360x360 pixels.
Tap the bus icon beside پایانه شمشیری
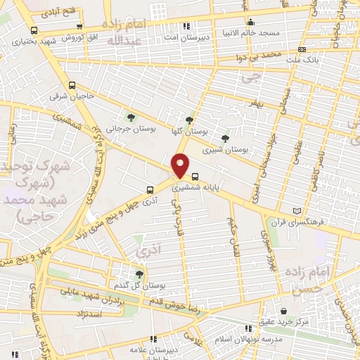click(x=195, y=176)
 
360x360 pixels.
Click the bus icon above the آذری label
click(x=149, y=189)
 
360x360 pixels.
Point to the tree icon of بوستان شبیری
click(x=225, y=139)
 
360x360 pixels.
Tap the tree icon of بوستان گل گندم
click(x=139, y=274)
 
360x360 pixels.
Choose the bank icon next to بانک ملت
click(x=302, y=49)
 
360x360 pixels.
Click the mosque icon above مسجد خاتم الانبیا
click(x=251, y=22)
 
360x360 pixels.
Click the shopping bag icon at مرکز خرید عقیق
click(x=283, y=311)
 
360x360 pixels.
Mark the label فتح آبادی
click(x=60, y=13)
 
